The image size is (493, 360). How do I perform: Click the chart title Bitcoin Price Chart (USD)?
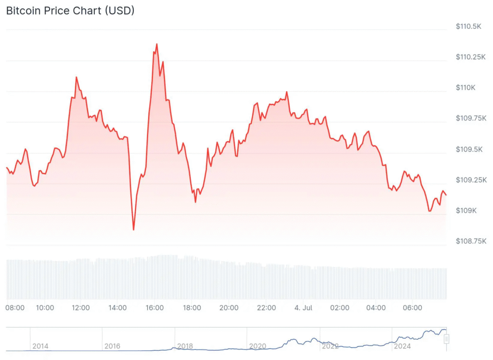70,11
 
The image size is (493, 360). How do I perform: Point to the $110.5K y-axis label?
468,27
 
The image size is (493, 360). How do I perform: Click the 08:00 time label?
15,307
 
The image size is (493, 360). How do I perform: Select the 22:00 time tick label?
266,307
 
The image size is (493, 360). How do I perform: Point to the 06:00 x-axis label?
413,307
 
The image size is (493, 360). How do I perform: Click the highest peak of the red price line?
156,44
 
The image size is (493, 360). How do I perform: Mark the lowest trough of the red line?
133,230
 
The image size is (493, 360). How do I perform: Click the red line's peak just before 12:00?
76,77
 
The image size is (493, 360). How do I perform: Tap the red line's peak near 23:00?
286,92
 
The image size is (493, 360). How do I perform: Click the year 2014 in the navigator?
40,346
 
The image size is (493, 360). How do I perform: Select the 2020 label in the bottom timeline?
258,346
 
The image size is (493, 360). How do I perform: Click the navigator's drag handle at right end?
446,339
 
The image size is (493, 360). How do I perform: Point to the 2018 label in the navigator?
185,346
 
